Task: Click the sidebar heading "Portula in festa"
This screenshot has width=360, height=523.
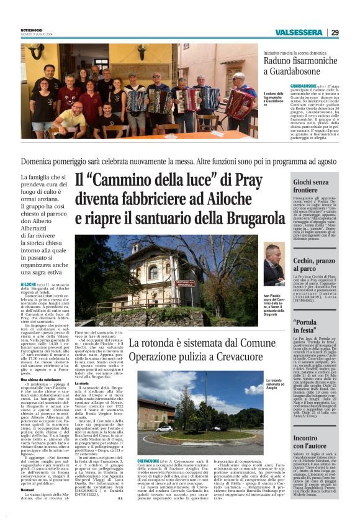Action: coord(309,325)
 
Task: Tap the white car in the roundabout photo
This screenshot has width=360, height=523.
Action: coord(164,428)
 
